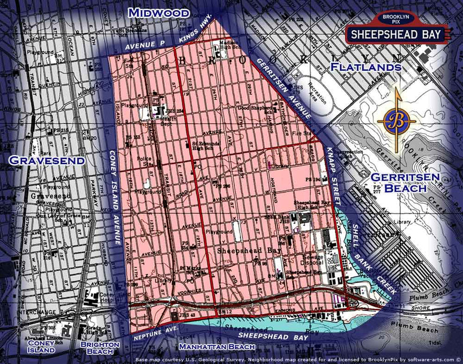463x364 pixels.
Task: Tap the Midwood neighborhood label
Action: point(159,12)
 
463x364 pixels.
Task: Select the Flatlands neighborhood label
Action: point(366,67)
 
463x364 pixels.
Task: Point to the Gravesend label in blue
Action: point(47,160)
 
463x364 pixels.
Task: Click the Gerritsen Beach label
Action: point(398,183)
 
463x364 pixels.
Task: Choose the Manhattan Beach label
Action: point(214,346)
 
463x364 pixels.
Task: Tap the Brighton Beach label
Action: point(96,348)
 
